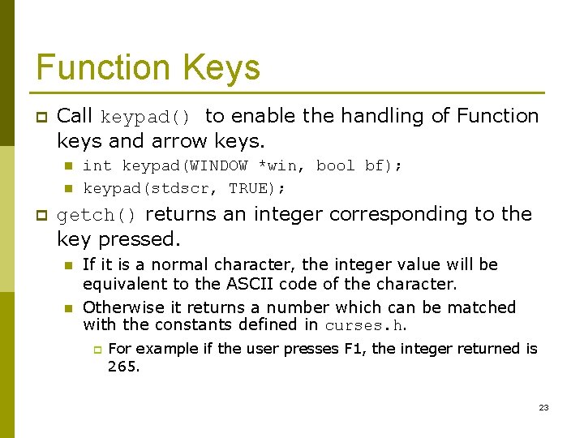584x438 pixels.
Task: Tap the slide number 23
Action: (543, 407)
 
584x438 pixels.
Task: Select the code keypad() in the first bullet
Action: (145, 118)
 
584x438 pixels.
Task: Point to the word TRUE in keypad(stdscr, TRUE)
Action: (254, 189)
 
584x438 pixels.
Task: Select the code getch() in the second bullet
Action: (97, 216)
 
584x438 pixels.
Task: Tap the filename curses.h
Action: (364, 326)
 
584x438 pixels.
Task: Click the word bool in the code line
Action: (335, 166)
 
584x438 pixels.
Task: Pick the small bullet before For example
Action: (95, 350)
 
